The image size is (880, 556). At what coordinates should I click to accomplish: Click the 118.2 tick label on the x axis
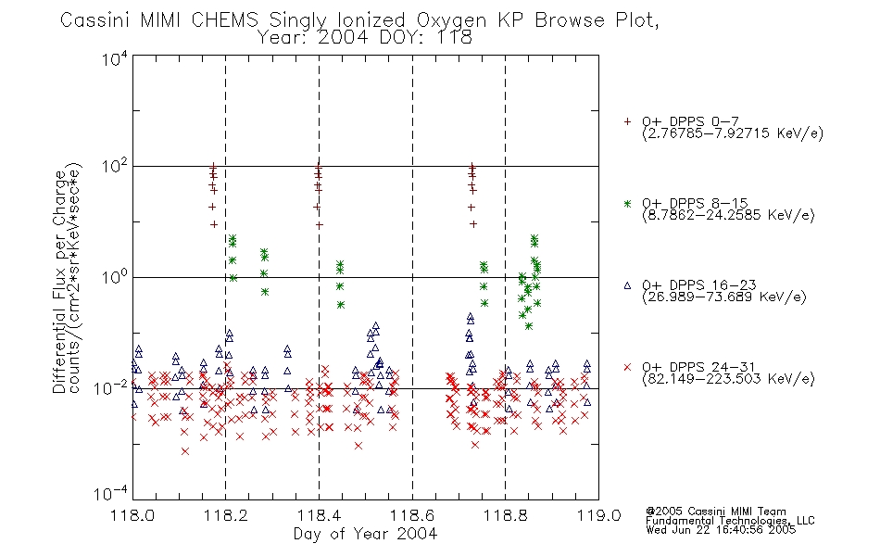pyautogui.click(x=226, y=515)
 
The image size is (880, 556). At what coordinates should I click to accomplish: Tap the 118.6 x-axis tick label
pyautogui.click(x=412, y=515)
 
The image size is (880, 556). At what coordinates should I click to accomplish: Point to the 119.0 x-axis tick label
pyautogui.click(x=598, y=515)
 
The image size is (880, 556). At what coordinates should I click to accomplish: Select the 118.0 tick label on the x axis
pyautogui.click(x=132, y=515)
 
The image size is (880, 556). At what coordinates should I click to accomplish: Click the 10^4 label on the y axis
pyautogui.click(x=115, y=58)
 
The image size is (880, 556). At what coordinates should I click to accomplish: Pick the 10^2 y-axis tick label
pyautogui.click(x=115, y=167)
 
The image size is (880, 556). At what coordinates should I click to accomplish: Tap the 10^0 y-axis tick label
pyautogui.click(x=115, y=277)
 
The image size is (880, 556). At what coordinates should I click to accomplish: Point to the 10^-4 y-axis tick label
pyautogui.click(x=111, y=494)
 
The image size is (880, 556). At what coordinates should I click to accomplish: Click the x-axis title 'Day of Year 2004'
pyautogui.click(x=365, y=534)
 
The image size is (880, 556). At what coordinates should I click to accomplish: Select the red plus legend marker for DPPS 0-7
pyautogui.click(x=627, y=121)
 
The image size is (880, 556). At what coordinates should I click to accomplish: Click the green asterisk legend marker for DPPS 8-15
pyautogui.click(x=627, y=203)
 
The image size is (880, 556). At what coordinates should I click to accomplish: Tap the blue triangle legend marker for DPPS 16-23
pyautogui.click(x=627, y=285)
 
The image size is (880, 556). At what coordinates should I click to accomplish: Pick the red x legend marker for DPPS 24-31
pyautogui.click(x=627, y=367)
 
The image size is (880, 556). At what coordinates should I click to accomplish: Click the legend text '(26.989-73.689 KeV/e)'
pyautogui.click(x=724, y=297)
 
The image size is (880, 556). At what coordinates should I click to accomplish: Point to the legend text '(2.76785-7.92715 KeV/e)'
pyautogui.click(x=733, y=133)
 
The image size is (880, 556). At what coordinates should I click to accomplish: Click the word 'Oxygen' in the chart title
pyautogui.click(x=451, y=20)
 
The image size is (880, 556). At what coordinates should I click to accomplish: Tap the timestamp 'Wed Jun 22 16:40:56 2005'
pyautogui.click(x=722, y=529)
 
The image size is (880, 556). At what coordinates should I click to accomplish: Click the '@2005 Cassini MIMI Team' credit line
pyautogui.click(x=716, y=512)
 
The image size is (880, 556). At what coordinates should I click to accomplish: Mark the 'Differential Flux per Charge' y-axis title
pyautogui.click(x=59, y=282)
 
